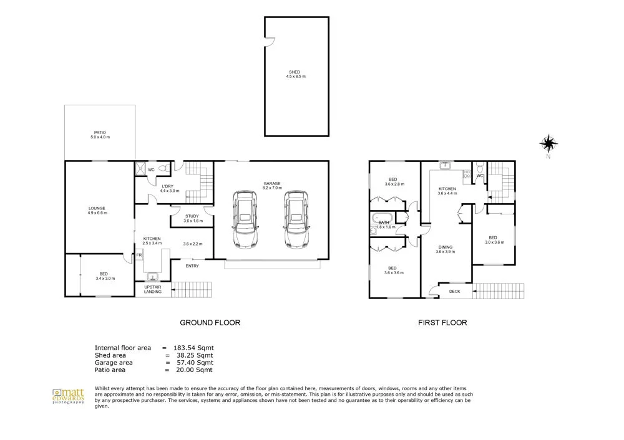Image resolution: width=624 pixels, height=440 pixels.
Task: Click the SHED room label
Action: tap(296, 74)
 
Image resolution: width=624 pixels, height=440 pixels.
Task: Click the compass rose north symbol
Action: tap(548, 145)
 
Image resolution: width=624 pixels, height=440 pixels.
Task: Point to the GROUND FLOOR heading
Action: tap(210, 323)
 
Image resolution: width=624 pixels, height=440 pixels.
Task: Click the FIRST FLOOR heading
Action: tap(442, 323)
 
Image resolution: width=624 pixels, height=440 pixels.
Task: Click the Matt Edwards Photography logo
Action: tap(67, 396)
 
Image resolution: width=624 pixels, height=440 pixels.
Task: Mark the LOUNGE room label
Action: tap(97, 210)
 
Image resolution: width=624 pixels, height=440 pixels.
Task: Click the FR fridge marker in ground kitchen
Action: tap(140, 255)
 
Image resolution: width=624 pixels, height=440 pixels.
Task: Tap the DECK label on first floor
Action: tap(454, 290)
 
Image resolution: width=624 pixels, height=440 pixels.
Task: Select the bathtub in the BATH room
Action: tap(381, 221)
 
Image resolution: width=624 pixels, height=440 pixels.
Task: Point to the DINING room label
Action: tap(445, 247)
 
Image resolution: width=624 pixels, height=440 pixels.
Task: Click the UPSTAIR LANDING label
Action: tap(153, 289)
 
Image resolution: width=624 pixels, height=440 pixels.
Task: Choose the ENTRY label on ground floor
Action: tap(192, 267)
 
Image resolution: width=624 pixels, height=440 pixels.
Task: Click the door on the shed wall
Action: tap(269, 42)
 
